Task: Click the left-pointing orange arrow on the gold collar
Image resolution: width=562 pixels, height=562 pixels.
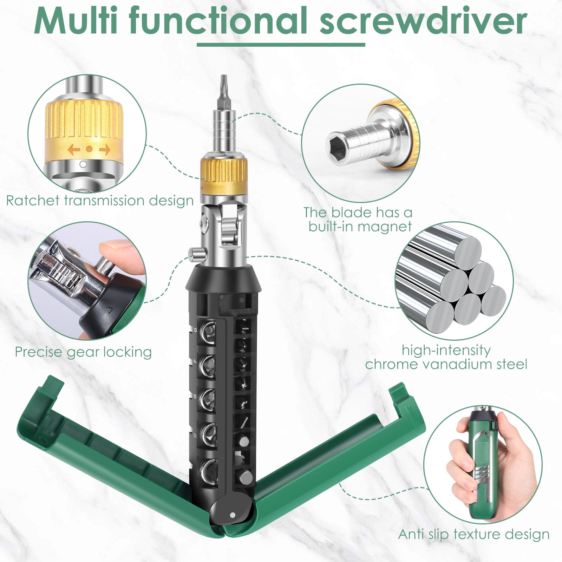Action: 74,149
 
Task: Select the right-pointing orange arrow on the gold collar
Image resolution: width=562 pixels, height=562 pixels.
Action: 105,149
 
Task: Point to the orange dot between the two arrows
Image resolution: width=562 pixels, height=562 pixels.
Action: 89,149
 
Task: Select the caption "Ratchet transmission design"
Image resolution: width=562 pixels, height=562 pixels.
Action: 100,201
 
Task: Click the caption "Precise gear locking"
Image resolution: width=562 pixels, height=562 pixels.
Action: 83,352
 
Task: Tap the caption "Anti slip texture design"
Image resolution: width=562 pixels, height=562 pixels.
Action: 474,534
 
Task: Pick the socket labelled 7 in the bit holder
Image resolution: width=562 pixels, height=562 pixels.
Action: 207,366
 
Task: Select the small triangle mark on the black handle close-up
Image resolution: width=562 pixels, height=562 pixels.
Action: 109,311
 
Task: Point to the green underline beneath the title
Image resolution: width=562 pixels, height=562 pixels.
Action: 281,45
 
